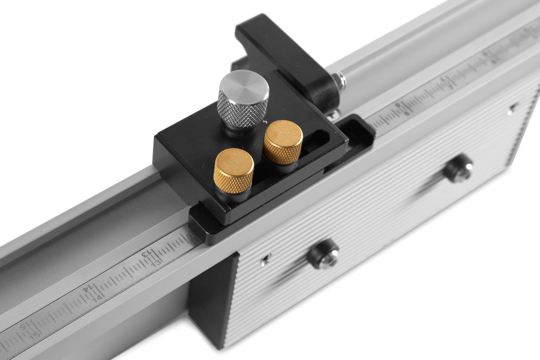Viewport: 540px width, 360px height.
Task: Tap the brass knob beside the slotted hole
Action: [283, 142]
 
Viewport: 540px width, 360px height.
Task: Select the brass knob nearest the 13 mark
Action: [234, 170]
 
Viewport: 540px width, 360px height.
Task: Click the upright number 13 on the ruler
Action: [156, 263]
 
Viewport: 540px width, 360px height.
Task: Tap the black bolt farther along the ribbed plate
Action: [459, 168]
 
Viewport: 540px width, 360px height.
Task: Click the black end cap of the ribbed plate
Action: [209, 303]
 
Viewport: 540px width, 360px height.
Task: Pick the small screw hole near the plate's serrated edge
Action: [514, 107]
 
